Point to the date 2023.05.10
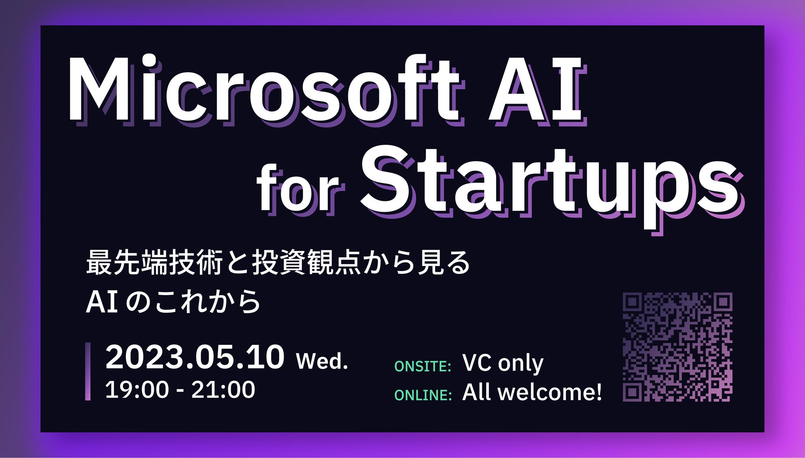coord(195,357)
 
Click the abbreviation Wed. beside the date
coord(322,361)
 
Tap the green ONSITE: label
coord(423,366)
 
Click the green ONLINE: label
coord(423,395)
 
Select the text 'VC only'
coord(503,364)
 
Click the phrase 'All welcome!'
coord(532,392)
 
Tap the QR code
coord(677,347)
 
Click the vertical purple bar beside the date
coord(88,371)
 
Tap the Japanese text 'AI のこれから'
coord(173,302)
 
